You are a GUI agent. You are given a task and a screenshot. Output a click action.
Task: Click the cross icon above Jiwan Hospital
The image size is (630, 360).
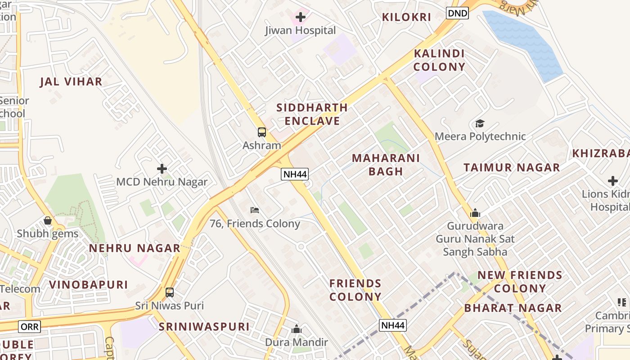coord(301,18)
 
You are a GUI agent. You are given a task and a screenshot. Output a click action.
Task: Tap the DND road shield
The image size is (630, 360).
coord(457,13)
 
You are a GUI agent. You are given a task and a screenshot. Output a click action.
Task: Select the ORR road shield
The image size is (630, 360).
coord(30,326)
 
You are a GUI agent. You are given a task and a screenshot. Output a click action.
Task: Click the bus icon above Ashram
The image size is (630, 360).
coord(262,132)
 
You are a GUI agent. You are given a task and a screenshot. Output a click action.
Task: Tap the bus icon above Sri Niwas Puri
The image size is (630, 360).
coord(170,292)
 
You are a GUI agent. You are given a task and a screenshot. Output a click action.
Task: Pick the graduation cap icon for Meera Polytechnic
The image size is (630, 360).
coord(480,123)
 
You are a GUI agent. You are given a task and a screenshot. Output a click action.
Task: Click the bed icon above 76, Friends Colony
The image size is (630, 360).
coord(255,210)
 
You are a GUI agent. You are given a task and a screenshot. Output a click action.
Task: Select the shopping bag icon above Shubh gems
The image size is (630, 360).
coord(48,220)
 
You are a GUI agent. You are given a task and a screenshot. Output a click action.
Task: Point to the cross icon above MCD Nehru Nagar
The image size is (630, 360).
coord(162,169)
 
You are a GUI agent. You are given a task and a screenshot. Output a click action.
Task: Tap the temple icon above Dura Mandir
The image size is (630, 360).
coord(296,329)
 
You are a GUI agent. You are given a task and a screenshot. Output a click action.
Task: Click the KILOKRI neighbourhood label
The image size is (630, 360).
coord(406,18)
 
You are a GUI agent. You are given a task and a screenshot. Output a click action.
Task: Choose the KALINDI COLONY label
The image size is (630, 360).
coord(439,60)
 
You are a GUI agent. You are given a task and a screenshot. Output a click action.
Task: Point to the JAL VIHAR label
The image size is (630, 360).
coord(71,82)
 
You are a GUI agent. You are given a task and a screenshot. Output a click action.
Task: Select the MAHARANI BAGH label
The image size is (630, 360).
coord(386,165)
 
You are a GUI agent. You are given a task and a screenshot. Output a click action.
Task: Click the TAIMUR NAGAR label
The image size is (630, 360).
coord(512,168)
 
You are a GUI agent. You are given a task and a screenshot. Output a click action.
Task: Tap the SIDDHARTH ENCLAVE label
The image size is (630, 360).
coord(312,114)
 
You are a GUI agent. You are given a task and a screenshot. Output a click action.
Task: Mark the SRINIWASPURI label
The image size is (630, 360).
coord(204,327)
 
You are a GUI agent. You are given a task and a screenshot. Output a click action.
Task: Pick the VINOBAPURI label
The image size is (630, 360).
coord(88,285)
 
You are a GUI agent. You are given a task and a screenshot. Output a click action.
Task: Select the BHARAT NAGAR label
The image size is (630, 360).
coord(513,308)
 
